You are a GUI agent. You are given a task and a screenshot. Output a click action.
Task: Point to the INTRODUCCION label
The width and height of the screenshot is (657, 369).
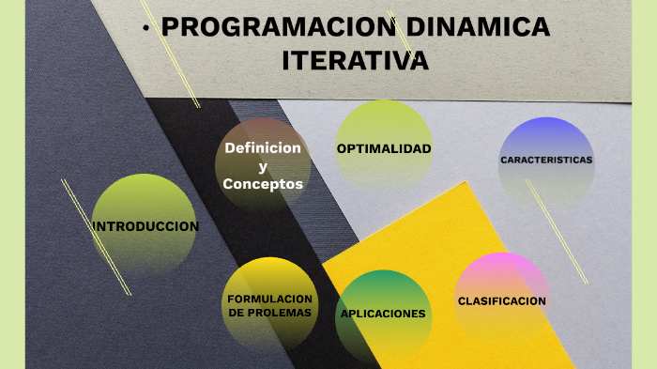point(145,226)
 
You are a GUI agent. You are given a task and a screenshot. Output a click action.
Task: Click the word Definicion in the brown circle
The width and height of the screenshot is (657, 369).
point(263,148)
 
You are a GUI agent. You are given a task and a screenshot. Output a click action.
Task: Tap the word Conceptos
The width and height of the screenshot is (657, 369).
point(263,184)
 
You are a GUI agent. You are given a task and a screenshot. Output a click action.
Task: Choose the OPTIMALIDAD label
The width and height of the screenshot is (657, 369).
point(384,149)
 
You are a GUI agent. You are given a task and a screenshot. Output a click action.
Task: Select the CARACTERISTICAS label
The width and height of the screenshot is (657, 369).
point(546,160)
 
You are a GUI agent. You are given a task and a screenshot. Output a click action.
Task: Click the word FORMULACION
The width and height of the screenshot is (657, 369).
point(270,299)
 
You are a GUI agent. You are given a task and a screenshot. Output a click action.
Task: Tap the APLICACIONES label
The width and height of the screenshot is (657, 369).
point(383,314)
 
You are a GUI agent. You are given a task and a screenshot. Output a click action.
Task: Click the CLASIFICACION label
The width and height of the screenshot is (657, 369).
point(501,301)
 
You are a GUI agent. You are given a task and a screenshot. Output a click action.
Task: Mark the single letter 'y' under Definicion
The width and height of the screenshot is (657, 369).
point(263,166)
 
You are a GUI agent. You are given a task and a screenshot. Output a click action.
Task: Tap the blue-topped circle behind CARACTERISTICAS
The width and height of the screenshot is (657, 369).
point(546,136)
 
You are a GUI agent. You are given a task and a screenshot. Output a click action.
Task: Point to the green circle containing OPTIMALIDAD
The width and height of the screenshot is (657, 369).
point(384,122)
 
